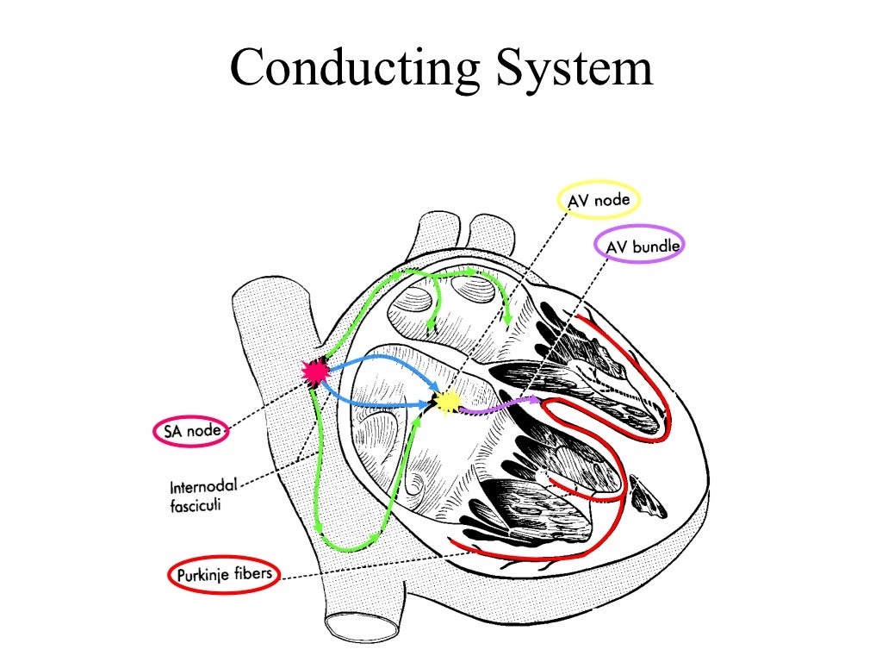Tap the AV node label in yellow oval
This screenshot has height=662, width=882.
pyautogui.click(x=599, y=201)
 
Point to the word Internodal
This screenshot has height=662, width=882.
pyautogui.click(x=204, y=488)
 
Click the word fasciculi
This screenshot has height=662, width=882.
pyautogui.click(x=195, y=506)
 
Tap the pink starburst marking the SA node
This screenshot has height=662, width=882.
pyautogui.click(x=316, y=372)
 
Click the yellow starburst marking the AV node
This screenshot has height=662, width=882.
pyautogui.click(x=446, y=402)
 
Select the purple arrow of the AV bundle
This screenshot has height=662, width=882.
pyautogui.click(x=500, y=405)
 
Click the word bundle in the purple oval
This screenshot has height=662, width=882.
pyautogui.click(x=656, y=247)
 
